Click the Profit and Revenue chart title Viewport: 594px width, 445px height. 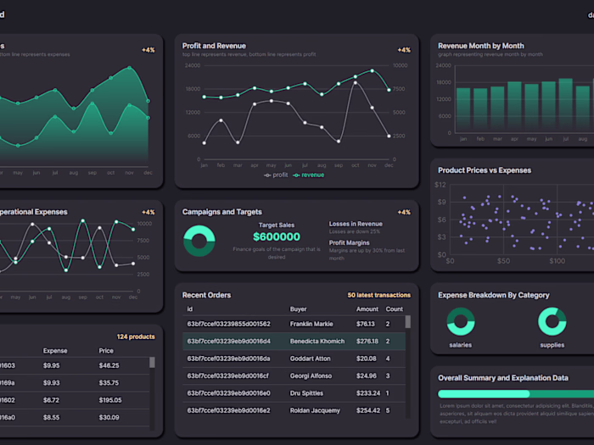[214, 46]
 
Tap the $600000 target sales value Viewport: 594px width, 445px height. [277, 237]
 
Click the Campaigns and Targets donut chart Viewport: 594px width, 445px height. [199, 240]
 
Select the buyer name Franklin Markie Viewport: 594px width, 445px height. [311, 324]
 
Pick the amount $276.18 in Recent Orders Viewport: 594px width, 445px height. [367, 342]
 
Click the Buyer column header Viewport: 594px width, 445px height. [299, 309]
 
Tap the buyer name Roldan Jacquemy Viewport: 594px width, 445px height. [315, 410]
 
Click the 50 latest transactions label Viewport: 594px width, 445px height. [379, 295]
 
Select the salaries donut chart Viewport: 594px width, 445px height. [461, 322]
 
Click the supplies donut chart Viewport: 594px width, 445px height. [552, 322]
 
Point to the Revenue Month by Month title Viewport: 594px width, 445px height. [480, 46]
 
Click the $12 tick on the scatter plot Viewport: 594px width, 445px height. [440, 185]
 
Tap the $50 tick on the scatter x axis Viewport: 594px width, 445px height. [503, 261]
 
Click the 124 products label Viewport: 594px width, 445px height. [136, 337]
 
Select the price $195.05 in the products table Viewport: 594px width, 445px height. [109, 400]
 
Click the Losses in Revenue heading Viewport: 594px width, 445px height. [356, 224]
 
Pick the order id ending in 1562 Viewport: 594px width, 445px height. [228, 324]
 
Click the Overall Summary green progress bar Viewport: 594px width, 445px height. [484, 393]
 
